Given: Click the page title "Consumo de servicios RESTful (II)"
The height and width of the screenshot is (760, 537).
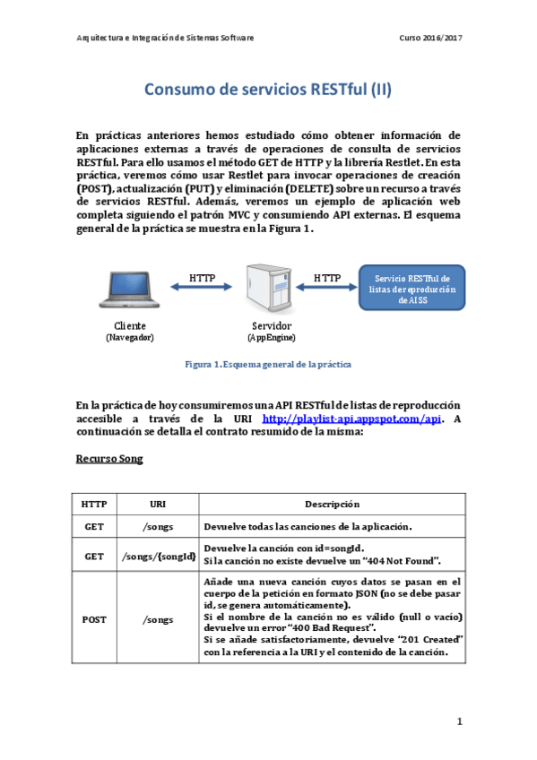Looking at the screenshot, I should [x=268, y=91].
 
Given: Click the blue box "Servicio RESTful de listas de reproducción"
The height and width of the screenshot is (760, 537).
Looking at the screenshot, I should [x=412, y=287].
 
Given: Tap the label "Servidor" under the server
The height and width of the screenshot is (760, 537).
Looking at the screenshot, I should [x=271, y=324].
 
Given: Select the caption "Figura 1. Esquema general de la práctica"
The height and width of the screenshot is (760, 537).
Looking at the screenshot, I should [x=268, y=365].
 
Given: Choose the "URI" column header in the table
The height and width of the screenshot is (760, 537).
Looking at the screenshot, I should [x=158, y=504].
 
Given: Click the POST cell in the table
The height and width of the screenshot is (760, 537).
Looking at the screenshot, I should [x=94, y=619].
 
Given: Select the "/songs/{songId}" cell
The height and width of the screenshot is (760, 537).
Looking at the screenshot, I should [x=158, y=556].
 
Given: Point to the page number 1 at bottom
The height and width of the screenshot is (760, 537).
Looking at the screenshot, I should [x=458, y=721].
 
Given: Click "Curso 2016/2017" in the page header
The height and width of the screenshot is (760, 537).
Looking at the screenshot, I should [x=430, y=39].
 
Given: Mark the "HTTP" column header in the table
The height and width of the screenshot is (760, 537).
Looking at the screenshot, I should [x=94, y=504].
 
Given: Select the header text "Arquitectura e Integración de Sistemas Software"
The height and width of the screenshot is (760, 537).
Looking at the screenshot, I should [x=166, y=39].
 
